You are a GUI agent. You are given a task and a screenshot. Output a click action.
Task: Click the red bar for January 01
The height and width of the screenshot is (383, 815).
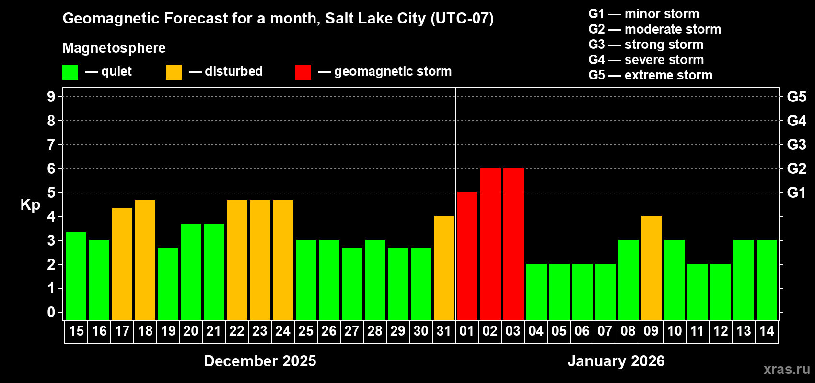(467, 256)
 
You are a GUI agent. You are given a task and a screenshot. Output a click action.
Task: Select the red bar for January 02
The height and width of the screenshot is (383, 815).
(490, 244)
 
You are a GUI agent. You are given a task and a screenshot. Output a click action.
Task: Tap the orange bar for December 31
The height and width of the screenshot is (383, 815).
(444, 268)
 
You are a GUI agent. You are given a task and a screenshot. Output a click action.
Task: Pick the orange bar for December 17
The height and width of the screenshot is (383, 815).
(122, 264)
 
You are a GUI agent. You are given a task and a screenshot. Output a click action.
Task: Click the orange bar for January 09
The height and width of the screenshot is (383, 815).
(652, 268)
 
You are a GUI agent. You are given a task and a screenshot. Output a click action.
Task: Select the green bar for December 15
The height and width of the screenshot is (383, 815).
(76, 276)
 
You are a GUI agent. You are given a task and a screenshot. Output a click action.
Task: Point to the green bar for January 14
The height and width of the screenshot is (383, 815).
(767, 280)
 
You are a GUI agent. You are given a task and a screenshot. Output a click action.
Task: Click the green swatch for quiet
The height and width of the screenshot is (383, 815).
(70, 72)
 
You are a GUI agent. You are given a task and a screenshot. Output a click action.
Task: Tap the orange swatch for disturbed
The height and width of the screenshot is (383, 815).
(174, 72)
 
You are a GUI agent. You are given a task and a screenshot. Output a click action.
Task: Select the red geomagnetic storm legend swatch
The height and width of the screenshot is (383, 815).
(303, 72)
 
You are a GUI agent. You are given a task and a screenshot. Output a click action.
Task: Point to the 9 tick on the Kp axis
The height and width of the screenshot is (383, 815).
(51, 97)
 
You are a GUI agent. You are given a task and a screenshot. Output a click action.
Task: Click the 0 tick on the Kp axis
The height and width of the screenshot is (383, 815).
(51, 313)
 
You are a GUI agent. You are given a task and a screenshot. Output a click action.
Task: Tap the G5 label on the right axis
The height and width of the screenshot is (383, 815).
(796, 97)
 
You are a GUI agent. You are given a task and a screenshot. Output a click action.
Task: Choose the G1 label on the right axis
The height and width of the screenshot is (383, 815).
(796, 192)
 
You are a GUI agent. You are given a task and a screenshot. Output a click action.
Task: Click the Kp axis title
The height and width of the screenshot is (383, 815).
(30, 204)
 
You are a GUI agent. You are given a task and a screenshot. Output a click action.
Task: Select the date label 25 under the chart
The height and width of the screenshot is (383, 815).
(306, 331)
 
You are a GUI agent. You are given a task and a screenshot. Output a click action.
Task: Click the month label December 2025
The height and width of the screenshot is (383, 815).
(260, 361)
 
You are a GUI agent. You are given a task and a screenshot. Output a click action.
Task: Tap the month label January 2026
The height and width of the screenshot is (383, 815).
(616, 361)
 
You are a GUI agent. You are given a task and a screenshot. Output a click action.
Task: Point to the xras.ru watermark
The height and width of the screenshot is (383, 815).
(787, 369)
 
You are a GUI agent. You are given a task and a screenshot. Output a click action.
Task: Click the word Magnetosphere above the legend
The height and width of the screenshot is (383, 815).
(114, 48)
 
